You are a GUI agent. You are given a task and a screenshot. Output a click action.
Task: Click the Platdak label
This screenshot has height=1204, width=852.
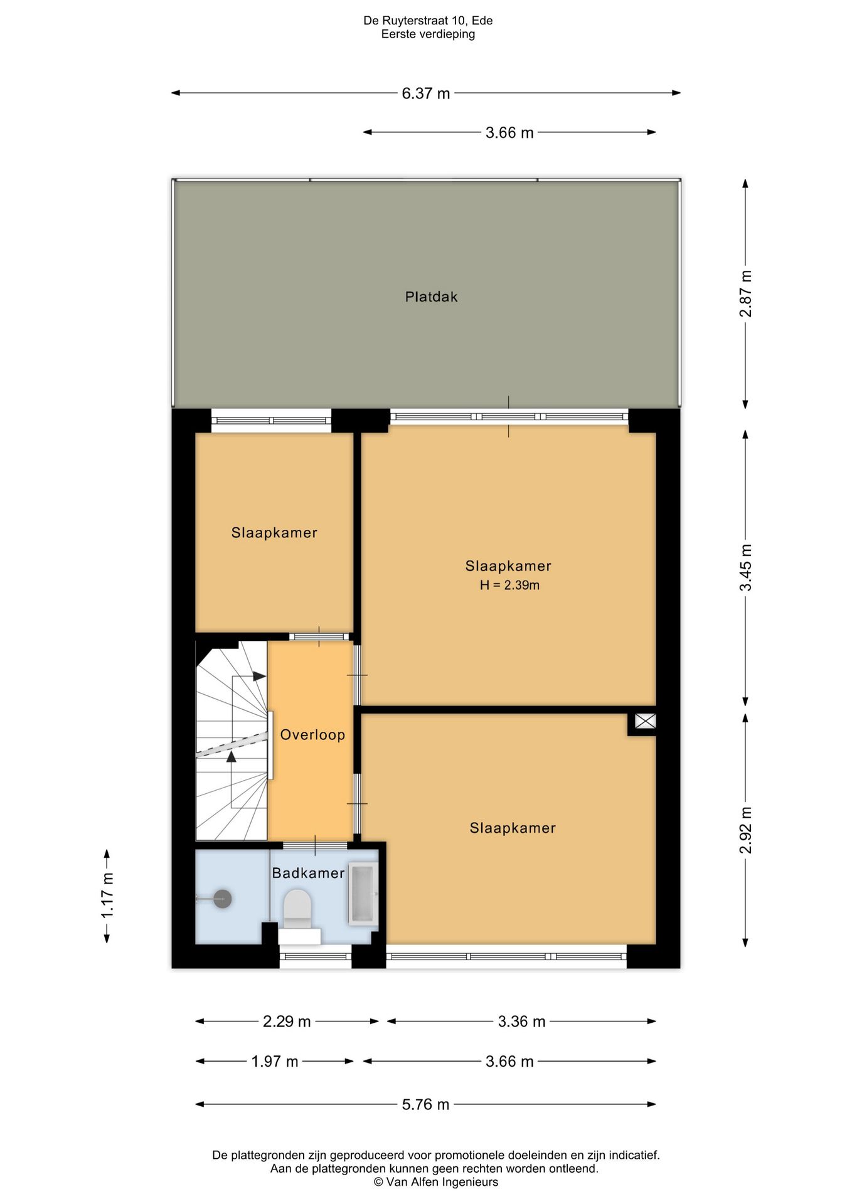pyautogui.click(x=431, y=297)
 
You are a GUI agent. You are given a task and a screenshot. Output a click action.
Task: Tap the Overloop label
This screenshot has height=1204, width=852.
pyautogui.click(x=312, y=735)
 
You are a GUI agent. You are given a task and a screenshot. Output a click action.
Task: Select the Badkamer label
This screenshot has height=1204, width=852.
pyautogui.click(x=308, y=873)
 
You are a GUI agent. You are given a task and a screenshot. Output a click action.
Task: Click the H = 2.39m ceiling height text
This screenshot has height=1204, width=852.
pyautogui.click(x=509, y=585)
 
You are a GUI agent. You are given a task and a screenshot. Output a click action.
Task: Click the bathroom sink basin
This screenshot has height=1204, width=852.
pyautogui.click(x=363, y=894)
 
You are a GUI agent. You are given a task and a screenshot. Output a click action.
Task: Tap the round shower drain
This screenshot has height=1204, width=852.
pyautogui.click(x=223, y=899)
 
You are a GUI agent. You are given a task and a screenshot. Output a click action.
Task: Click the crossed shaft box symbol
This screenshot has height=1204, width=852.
pyautogui.click(x=645, y=721)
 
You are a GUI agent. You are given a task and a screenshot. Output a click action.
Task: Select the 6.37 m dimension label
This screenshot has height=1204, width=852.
pyautogui.click(x=426, y=93)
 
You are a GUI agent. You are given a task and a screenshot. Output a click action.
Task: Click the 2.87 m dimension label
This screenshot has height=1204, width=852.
pyautogui.click(x=745, y=293)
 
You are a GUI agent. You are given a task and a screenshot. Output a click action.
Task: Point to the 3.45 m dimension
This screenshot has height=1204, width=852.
pyautogui.click(x=745, y=568)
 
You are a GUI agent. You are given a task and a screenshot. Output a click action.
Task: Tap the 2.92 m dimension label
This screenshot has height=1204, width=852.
pyautogui.click(x=745, y=830)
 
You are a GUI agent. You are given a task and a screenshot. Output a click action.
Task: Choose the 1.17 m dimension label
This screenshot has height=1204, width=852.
pyautogui.click(x=107, y=895)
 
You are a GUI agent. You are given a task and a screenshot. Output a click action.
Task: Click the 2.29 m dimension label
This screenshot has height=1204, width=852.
pyautogui.click(x=287, y=1022)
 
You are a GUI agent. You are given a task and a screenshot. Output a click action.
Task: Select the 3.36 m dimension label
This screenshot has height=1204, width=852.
pyautogui.click(x=522, y=1022)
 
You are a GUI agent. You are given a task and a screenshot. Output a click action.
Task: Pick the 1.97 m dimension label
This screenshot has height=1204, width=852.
pyautogui.click(x=275, y=1062)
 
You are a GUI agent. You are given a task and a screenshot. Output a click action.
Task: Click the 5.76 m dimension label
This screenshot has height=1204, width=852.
pyautogui.click(x=426, y=1104)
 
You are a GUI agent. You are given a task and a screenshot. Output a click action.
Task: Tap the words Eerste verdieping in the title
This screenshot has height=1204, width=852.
pyautogui.click(x=428, y=34)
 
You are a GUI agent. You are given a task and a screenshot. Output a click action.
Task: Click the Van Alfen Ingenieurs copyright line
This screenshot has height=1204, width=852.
pyautogui.click(x=436, y=1182)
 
